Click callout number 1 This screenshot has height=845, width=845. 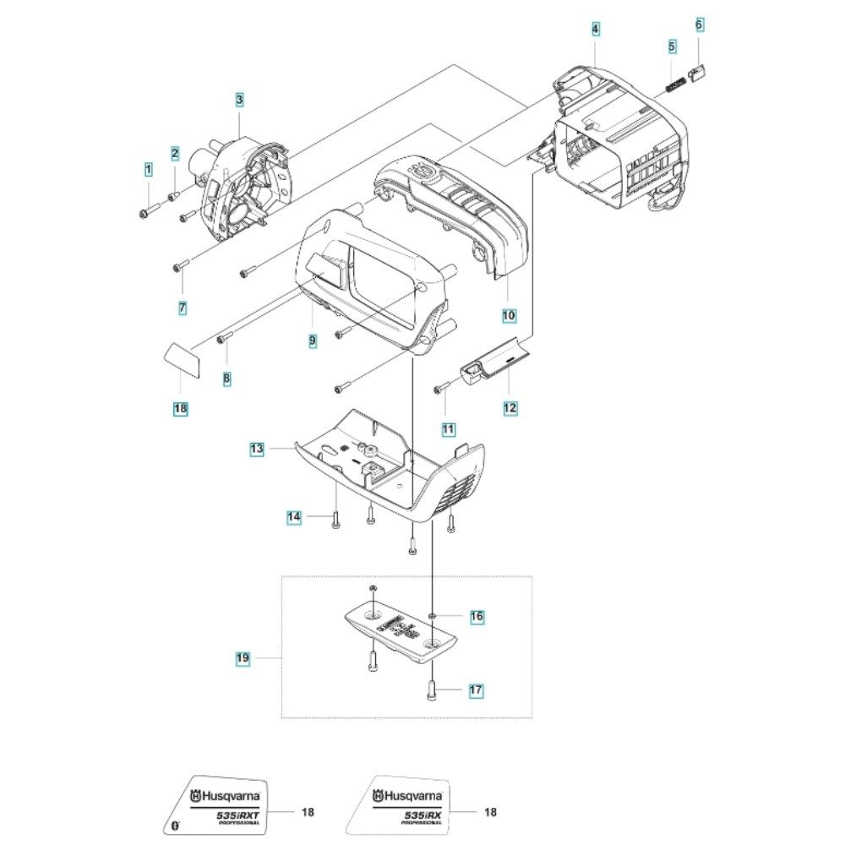point(148,169)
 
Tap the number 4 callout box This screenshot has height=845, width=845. point(596,30)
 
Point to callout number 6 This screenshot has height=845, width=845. point(699,25)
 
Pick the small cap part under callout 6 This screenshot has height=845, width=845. point(699,74)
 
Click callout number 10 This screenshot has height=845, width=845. point(509,315)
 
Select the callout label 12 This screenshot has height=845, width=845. point(510,408)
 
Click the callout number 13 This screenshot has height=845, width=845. point(257,450)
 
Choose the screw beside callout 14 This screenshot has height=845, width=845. point(335,521)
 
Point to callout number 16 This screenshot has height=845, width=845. point(477,617)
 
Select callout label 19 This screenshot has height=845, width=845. point(243,657)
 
